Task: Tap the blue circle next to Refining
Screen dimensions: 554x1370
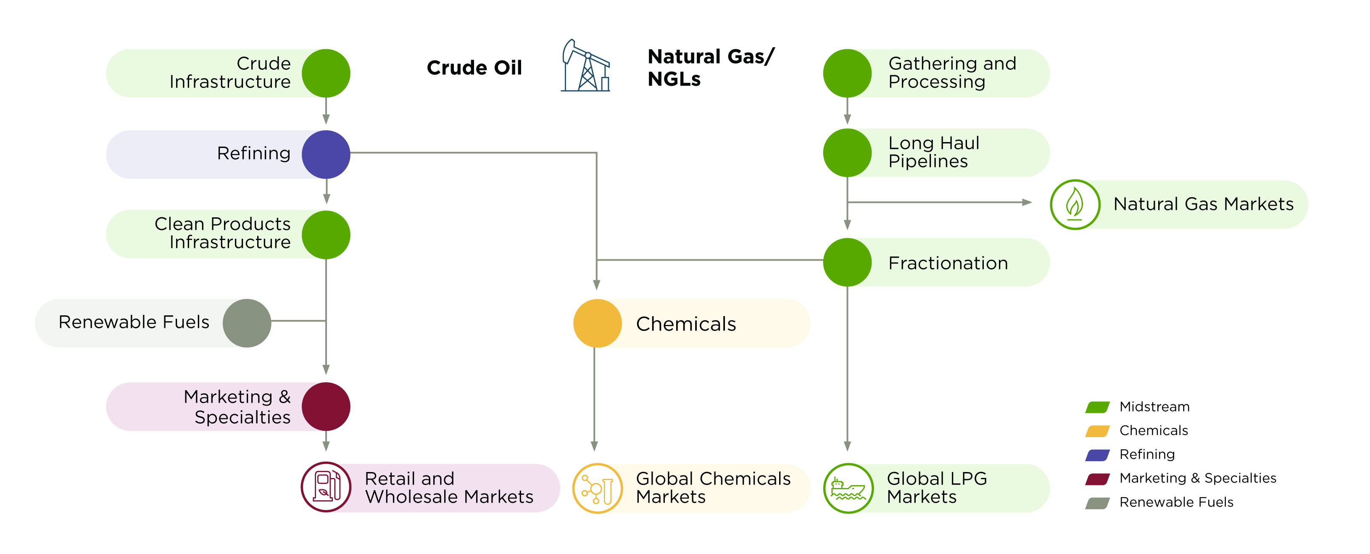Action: click(x=326, y=154)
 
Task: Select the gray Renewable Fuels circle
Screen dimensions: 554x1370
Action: click(x=247, y=323)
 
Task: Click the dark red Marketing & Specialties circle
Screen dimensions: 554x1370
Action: click(x=326, y=406)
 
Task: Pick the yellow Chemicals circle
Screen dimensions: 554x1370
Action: click(x=597, y=323)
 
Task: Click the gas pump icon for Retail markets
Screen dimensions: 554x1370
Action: click(x=326, y=487)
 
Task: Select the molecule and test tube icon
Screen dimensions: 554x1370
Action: click(x=597, y=488)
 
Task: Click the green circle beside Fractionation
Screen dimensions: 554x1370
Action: click(x=847, y=262)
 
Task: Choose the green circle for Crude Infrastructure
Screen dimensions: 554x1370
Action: click(x=326, y=74)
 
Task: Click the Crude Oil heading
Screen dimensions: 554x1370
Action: click(x=474, y=68)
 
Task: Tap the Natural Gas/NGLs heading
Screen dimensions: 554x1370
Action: click(x=711, y=68)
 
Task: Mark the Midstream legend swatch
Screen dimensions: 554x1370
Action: click(x=1097, y=407)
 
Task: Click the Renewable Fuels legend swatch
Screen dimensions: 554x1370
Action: click(x=1097, y=503)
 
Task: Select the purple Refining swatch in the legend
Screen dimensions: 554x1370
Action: click(x=1097, y=455)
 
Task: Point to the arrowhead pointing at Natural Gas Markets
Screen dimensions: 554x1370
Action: click(x=1026, y=202)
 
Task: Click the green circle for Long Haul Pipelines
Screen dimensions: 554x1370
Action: click(x=847, y=153)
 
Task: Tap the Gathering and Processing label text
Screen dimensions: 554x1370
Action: click(x=952, y=72)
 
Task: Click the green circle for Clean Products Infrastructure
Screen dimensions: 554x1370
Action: click(x=326, y=235)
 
